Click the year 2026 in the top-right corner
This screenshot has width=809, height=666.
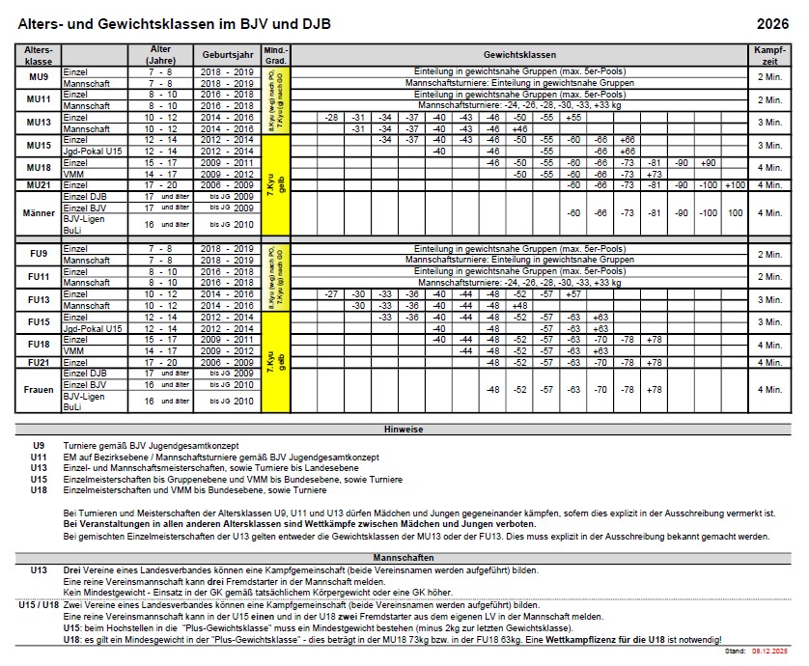pyautogui.click(x=772, y=24)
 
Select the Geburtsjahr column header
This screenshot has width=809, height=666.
pyautogui.click(x=227, y=55)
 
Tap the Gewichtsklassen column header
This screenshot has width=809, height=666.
pyautogui.click(x=519, y=55)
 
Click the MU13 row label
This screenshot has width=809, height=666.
pyautogui.click(x=39, y=122)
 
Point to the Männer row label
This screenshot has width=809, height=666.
pyautogui.click(x=39, y=211)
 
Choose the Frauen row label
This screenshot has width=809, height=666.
pyautogui.click(x=39, y=390)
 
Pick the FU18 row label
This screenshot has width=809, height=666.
pyautogui.click(x=39, y=345)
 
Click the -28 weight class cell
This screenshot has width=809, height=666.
pyautogui.click(x=331, y=117)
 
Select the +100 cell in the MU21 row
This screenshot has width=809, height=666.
pyautogui.click(x=736, y=184)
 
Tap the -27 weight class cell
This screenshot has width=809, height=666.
pyautogui.click(x=331, y=293)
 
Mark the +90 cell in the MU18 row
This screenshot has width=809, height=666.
pyautogui.click(x=709, y=162)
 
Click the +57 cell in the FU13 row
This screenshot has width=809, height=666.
pyautogui.click(x=573, y=293)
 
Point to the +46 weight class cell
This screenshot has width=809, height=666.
pyautogui.click(x=519, y=128)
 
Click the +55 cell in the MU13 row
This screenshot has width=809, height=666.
pyautogui.click(x=573, y=117)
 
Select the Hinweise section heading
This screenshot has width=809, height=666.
pyautogui.click(x=404, y=429)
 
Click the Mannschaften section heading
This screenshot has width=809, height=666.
pyautogui.click(x=404, y=558)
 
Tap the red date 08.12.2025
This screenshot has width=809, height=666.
pyautogui.click(x=770, y=652)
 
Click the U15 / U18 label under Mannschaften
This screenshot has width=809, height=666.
pyautogui.click(x=39, y=605)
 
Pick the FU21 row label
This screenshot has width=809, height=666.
pyautogui.click(x=39, y=362)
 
